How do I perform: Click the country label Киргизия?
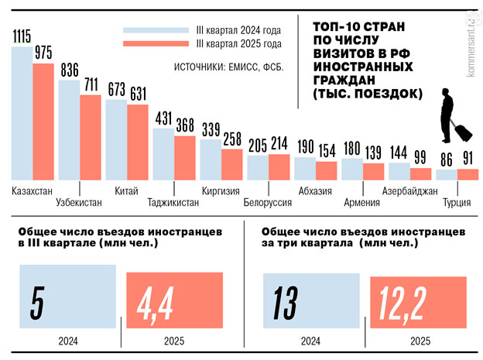pos(220,190)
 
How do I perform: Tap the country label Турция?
pos(457,203)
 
